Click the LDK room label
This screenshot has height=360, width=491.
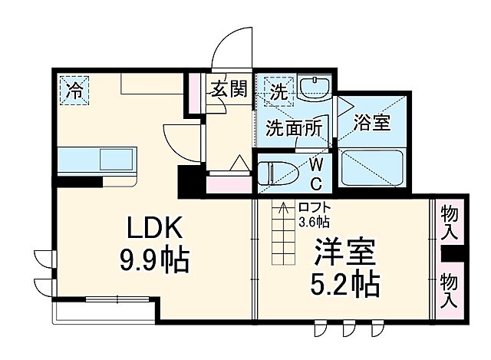[154, 228]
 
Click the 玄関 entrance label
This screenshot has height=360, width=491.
[229, 91]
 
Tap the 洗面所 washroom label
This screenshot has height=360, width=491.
[293, 129]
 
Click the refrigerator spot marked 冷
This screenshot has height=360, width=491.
[74, 89]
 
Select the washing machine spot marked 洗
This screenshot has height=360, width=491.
[278, 90]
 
